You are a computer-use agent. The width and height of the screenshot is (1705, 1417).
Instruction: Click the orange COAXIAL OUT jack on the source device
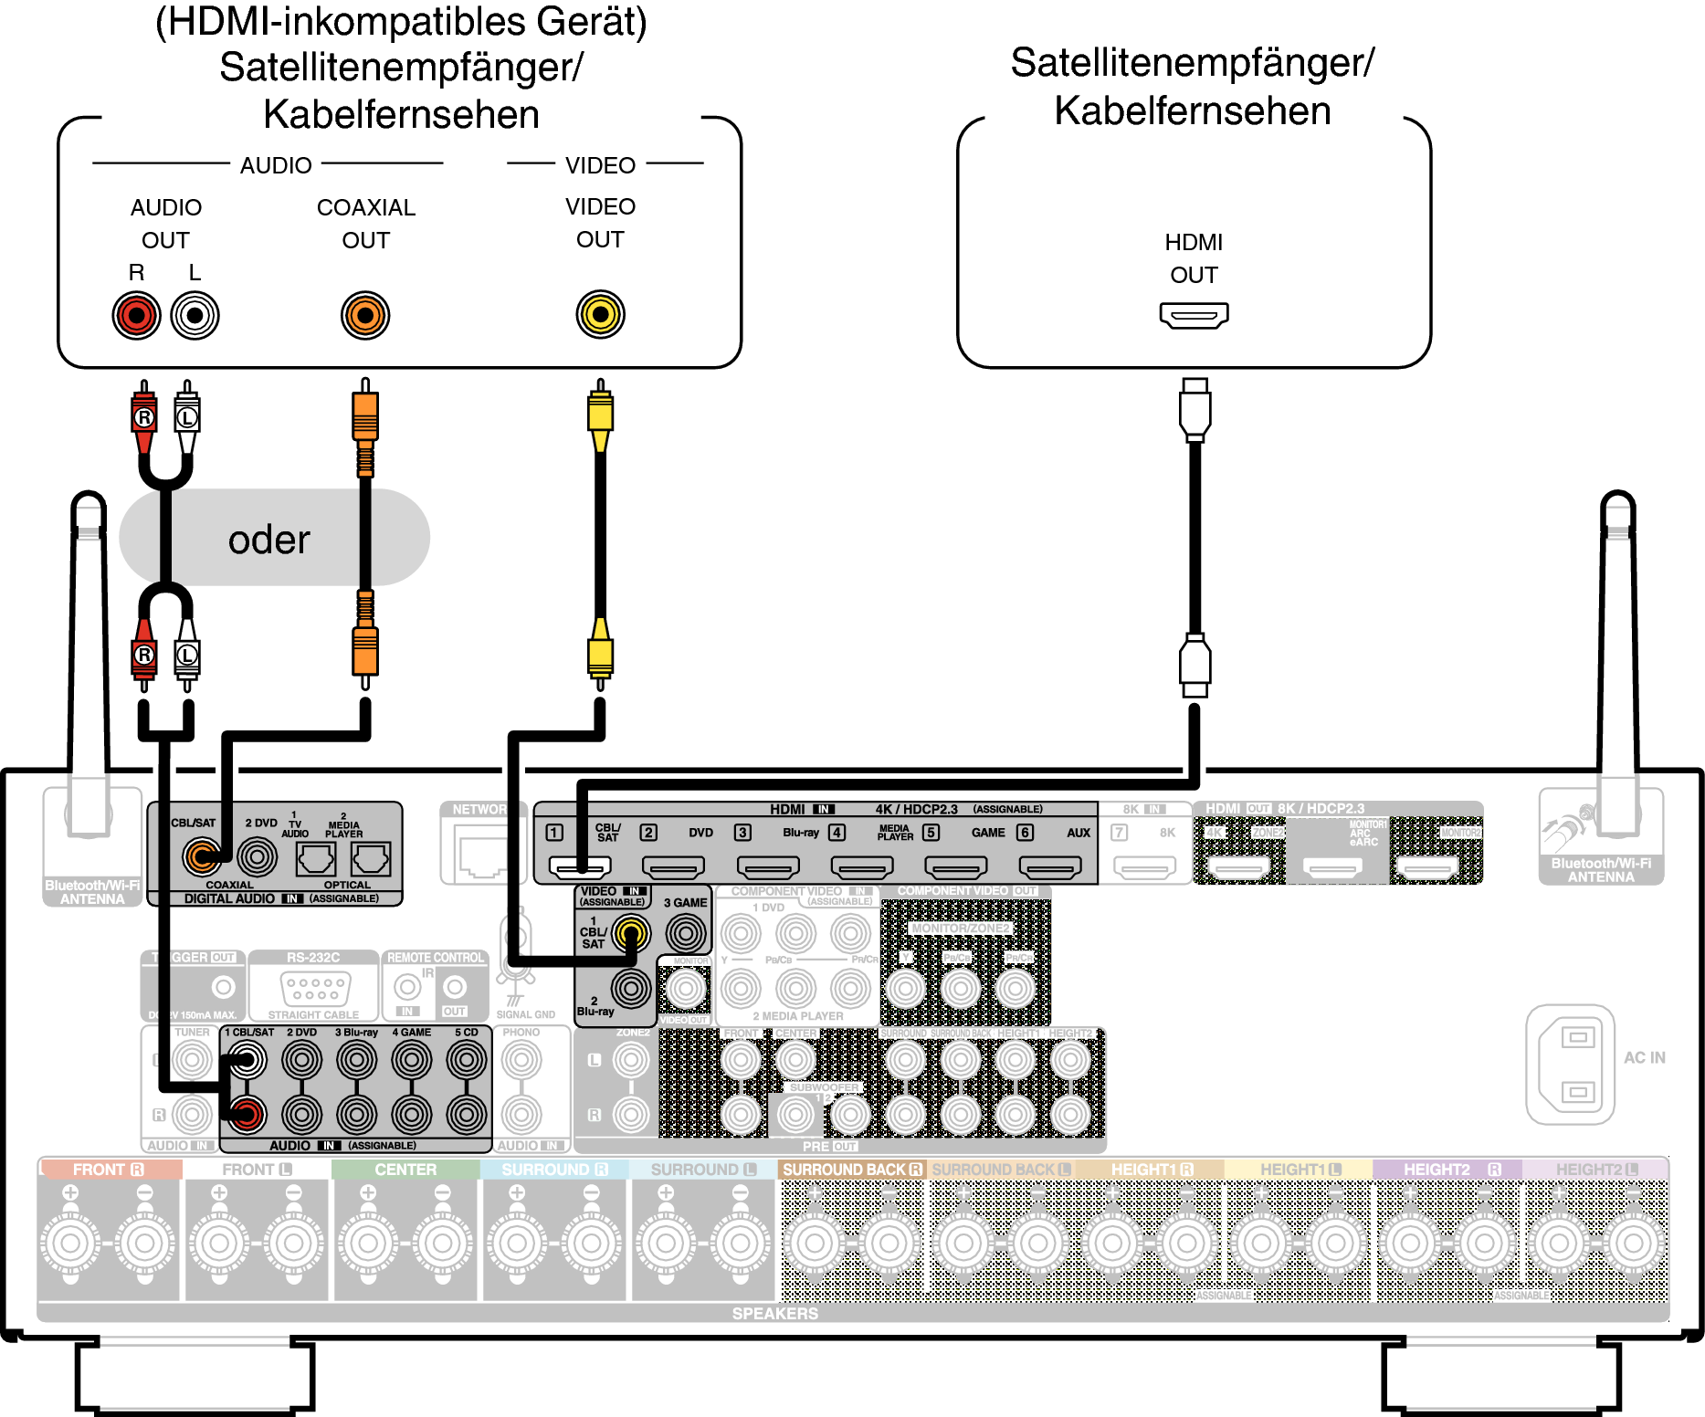365,316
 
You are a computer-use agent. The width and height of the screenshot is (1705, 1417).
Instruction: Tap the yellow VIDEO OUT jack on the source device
600,314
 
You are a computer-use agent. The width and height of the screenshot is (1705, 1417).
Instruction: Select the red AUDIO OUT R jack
136,316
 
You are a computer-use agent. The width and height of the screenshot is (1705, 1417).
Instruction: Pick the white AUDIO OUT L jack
195,316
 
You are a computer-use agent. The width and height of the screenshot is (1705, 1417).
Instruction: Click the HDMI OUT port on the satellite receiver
1194,316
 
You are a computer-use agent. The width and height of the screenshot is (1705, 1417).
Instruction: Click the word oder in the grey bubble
269,540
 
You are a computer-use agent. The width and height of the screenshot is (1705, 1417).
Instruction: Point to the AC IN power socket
1571,1065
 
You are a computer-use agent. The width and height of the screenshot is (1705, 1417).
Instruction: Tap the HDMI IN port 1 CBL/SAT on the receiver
580,866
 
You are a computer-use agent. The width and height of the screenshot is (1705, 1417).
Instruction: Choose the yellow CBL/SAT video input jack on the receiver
630,932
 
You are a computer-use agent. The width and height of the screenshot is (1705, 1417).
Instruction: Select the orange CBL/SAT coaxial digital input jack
201,856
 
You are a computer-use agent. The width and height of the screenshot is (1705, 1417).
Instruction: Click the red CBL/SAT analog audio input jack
247,1114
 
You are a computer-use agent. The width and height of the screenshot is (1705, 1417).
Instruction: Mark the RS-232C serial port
313,988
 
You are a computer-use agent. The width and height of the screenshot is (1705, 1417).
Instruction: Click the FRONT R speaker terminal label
108,1170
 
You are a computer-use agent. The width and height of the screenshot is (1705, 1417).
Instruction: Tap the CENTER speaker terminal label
405,1170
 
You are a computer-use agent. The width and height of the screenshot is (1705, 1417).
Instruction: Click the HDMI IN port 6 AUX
1050,866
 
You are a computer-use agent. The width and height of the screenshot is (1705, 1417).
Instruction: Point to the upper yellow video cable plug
600,415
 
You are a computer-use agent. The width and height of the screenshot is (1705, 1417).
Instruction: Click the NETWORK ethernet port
479,855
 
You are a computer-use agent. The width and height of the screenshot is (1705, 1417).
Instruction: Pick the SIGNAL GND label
525,1014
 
